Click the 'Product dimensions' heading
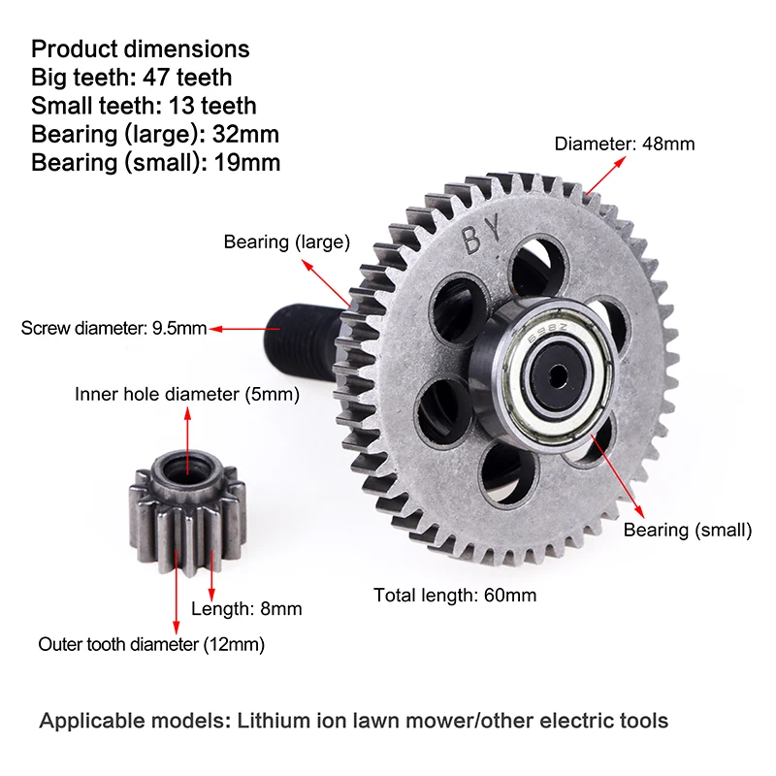coord(140,48)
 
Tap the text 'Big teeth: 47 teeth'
coord(131,77)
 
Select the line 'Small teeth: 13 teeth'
coord(144,105)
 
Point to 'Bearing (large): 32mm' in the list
coord(155,134)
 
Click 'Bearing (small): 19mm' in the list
coord(155,162)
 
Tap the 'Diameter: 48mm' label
coord(625,145)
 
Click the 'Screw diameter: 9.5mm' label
coord(113,329)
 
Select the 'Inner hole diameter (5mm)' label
coord(187,395)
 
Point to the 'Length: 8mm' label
coord(246,609)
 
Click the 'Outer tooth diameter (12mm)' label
coord(151,644)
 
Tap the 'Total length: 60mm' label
coord(455,596)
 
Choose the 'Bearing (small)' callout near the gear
coord(688,531)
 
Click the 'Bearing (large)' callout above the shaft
coord(287,242)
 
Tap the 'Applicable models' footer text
coord(353,721)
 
